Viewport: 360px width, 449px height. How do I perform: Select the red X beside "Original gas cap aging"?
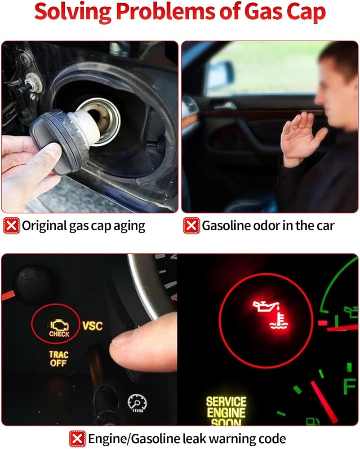11,226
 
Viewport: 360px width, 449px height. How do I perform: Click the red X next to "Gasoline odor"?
191,226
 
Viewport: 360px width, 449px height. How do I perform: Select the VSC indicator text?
92,326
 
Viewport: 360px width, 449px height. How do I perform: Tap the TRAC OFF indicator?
58,359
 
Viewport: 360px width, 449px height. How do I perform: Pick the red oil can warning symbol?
271,314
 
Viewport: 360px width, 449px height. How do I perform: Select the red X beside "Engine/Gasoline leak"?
77,438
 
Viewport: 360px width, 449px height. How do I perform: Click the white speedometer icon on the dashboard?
137,403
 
